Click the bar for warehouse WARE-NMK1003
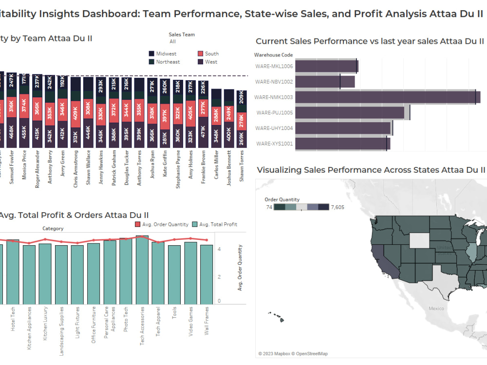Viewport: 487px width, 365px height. click(385, 97)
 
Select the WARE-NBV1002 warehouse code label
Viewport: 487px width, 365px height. click(274, 82)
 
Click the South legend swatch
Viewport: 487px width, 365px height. click(201, 54)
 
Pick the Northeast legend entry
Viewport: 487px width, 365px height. click(168, 62)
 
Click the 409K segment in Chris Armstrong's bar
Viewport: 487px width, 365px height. click(75, 113)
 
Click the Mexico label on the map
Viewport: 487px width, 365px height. click(436, 309)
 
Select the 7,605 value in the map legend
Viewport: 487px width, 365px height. click(337, 207)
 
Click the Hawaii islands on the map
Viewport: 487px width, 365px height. click(276, 316)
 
